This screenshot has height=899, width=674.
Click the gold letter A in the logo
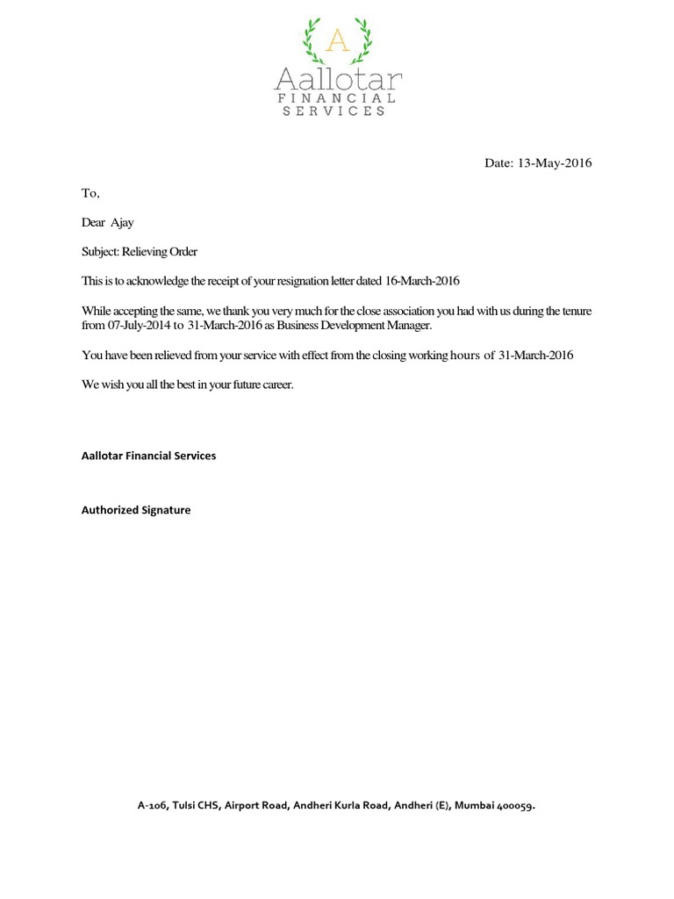coord(337,40)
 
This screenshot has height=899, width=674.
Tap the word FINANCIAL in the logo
coord(337,98)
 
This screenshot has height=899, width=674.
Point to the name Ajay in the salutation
coord(122,223)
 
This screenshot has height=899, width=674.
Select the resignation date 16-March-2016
coord(422,282)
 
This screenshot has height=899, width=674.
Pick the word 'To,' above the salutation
coord(91,193)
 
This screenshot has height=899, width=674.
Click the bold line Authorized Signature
coord(136,510)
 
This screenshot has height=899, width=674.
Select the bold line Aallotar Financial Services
coord(148,457)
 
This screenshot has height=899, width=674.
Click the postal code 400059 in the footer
coord(515,805)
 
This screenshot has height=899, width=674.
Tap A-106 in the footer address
coord(153,805)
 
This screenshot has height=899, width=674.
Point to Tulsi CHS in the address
coord(196,805)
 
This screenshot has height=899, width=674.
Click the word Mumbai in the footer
coord(475,805)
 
